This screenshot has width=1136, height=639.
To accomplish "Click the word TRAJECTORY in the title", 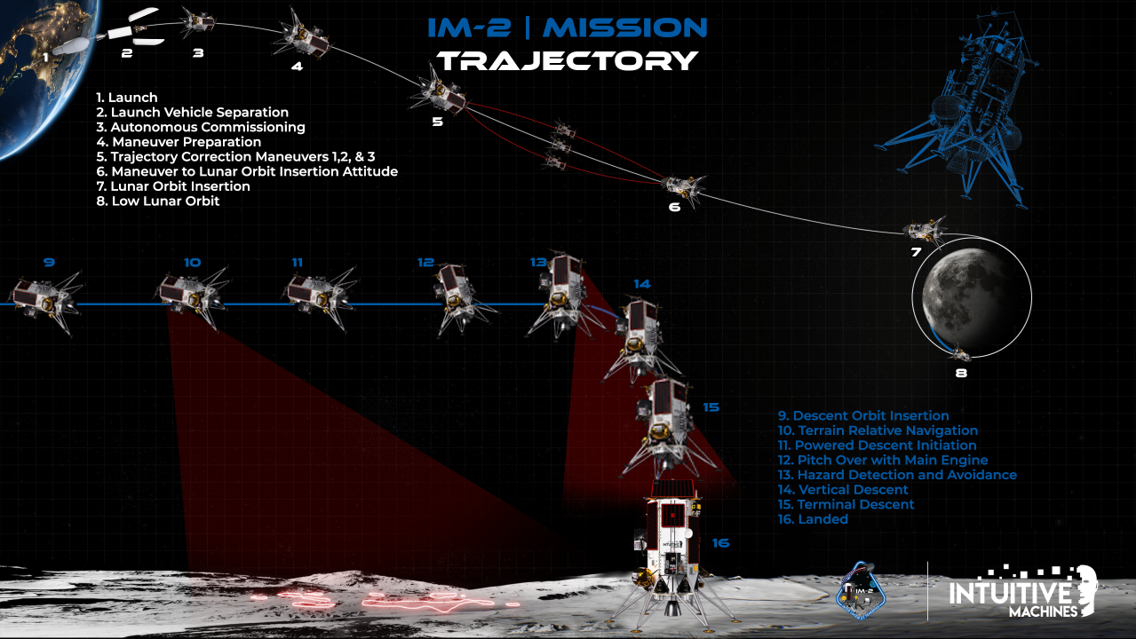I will tap(568, 60).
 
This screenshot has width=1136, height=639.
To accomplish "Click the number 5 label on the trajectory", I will tap(437, 122).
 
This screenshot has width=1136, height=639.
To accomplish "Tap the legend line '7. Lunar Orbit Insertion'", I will tap(173, 186).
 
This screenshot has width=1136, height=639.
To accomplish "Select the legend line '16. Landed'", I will tap(813, 519).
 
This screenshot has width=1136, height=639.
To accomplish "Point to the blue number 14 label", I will tap(642, 284).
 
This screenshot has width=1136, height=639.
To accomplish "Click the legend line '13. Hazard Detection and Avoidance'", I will tap(897, 475).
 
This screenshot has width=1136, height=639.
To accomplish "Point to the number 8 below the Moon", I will tap(960, 373).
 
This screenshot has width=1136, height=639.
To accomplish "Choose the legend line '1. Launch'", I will tap(127, 98).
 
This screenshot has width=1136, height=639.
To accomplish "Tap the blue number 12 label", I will tap(425, 262).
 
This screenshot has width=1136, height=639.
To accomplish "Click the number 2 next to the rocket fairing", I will tap(127, 53).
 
